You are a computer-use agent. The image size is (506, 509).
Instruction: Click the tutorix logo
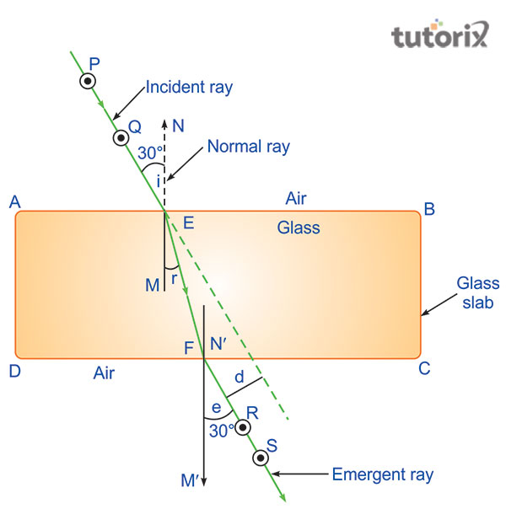(440, 35)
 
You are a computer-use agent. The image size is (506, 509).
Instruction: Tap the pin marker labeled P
(88, 81)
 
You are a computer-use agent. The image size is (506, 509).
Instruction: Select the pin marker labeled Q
(121, 138)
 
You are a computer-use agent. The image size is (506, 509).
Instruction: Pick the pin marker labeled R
(243, 427)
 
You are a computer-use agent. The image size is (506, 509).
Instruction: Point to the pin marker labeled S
(261, 458)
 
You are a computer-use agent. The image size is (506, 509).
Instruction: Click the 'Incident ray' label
(189, 88)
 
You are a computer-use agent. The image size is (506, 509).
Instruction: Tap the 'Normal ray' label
(249, 147)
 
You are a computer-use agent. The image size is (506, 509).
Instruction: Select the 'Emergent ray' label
(383, 475)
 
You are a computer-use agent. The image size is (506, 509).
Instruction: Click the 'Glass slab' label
(477, 292)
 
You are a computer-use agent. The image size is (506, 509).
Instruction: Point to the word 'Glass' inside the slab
(299, 228)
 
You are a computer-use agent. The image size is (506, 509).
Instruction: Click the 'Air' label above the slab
(296, 198)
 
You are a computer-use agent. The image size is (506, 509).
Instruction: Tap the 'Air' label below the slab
(104, 373)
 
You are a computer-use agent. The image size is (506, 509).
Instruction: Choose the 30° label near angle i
(150, 153)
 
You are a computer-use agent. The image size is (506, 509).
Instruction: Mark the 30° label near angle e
(222, 431)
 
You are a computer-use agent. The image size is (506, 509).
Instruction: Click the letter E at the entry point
(189, 223)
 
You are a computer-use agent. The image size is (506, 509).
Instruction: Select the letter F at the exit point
(189, 348)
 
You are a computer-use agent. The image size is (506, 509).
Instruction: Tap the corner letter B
(429, 209)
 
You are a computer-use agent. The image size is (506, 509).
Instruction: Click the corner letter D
(15, 371)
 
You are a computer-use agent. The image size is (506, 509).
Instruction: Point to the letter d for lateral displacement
(240, 377)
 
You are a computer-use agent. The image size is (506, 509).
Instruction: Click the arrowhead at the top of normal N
(164, 123)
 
